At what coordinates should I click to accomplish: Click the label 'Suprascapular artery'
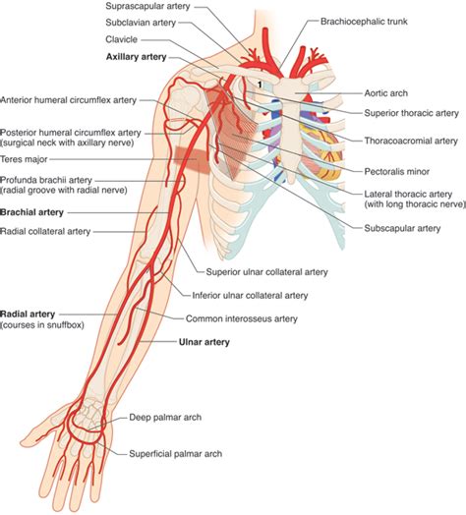coord(147,6)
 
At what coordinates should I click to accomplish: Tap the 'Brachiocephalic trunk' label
coord(364,22)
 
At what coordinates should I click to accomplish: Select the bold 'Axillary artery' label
coord(136,57)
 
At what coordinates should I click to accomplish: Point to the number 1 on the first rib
coord(260,85)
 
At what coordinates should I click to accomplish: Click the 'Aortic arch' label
coord(385,93)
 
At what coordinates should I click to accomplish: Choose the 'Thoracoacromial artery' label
coord(411,141)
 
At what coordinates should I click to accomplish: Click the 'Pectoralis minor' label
coord(396,171)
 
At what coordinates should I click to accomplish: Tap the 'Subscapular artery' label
coord(402,228)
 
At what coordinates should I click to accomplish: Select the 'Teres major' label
coord(24,159)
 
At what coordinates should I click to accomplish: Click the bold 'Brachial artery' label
coord(31,212)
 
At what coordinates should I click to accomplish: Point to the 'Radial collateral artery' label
coord(45,232)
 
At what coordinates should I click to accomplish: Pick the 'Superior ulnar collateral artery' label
coord(266,272)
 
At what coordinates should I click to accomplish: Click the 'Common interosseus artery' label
coord(242,318)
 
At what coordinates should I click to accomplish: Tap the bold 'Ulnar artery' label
coord(204,342)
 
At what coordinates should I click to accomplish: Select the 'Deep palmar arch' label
coord(165,418)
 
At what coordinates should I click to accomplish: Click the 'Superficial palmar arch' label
coord(176,454)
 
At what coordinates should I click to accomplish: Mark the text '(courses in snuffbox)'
coord(42,325)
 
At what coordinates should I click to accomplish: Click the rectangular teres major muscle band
coord(192,159)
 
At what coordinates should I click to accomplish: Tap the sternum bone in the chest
coord(289,132)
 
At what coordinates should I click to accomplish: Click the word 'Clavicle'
coord(121,39)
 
